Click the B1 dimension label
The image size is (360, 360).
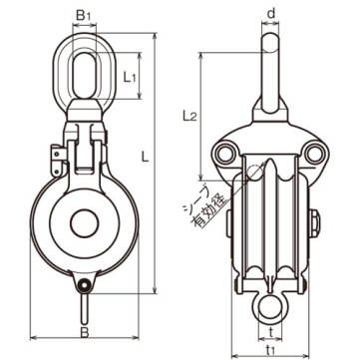click(x=83, y=16)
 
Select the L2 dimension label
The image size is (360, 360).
click(x=189, y=116)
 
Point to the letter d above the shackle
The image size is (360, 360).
click(x=271, y=14)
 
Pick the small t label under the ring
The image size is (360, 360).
click(x=270, y=333)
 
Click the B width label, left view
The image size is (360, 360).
click(x=85, y=333)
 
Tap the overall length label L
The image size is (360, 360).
click(x=145, y=157)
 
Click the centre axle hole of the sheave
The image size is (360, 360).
click(x=85, y=223)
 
